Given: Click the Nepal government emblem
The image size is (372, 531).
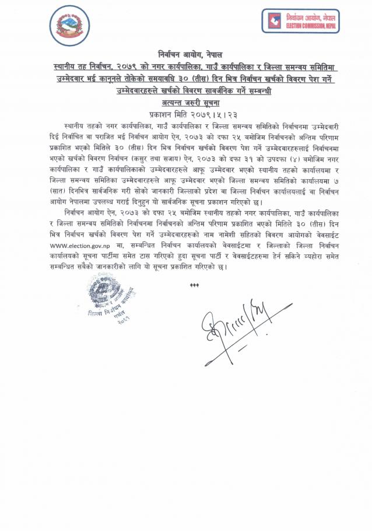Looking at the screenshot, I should point(69,26).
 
